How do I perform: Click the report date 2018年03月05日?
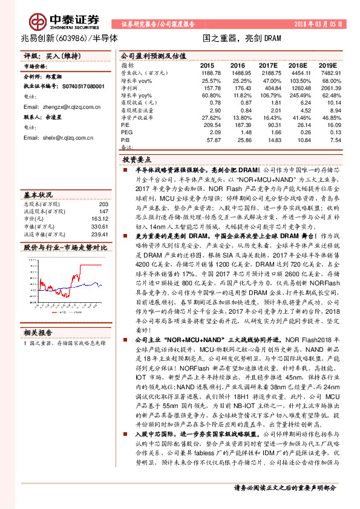pyautogui.click(x=316, y=24)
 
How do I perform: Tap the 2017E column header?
pyautogui.click(x=268, y=65)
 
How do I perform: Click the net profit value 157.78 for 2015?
pyautogui.click(x=211, y=87)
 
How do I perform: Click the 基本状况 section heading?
pyautogui.click(x=38, y=195)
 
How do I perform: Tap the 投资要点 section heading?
pyautogui.click(x=137, y=160)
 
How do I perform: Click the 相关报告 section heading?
pyautogui.click(x=38, y=332)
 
